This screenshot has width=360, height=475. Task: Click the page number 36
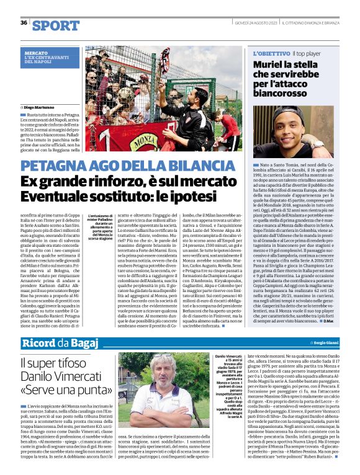24,23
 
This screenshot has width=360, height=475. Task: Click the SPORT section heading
56,25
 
